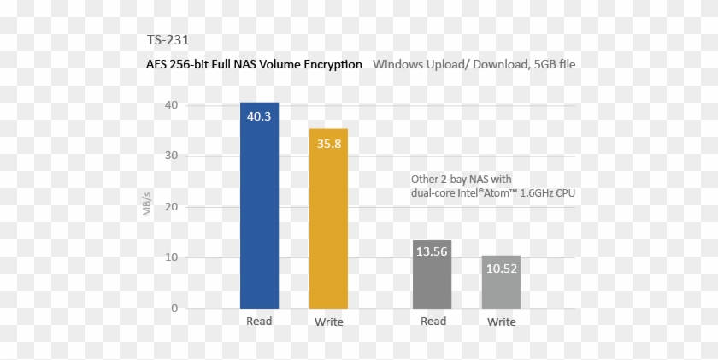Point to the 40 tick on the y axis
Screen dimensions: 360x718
(x=172, y=105)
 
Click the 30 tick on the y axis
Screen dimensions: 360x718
(x=172, y=156)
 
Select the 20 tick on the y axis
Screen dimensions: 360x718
(x=172, y=207)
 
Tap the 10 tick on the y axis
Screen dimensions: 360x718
(x=172, y=257)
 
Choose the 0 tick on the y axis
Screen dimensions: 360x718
(x=174, y=308)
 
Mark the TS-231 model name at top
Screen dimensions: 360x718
(x=168, y=39)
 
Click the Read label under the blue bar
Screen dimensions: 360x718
(x=259, y=322)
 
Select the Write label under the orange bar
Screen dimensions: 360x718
(x=328, y=322)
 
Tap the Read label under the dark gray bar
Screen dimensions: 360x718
(x=433, y=322)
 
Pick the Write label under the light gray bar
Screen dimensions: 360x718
(x=502, y=322)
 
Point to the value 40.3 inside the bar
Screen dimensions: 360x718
(x=259, y=116)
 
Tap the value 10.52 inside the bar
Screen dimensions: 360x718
(x=502, y=268)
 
